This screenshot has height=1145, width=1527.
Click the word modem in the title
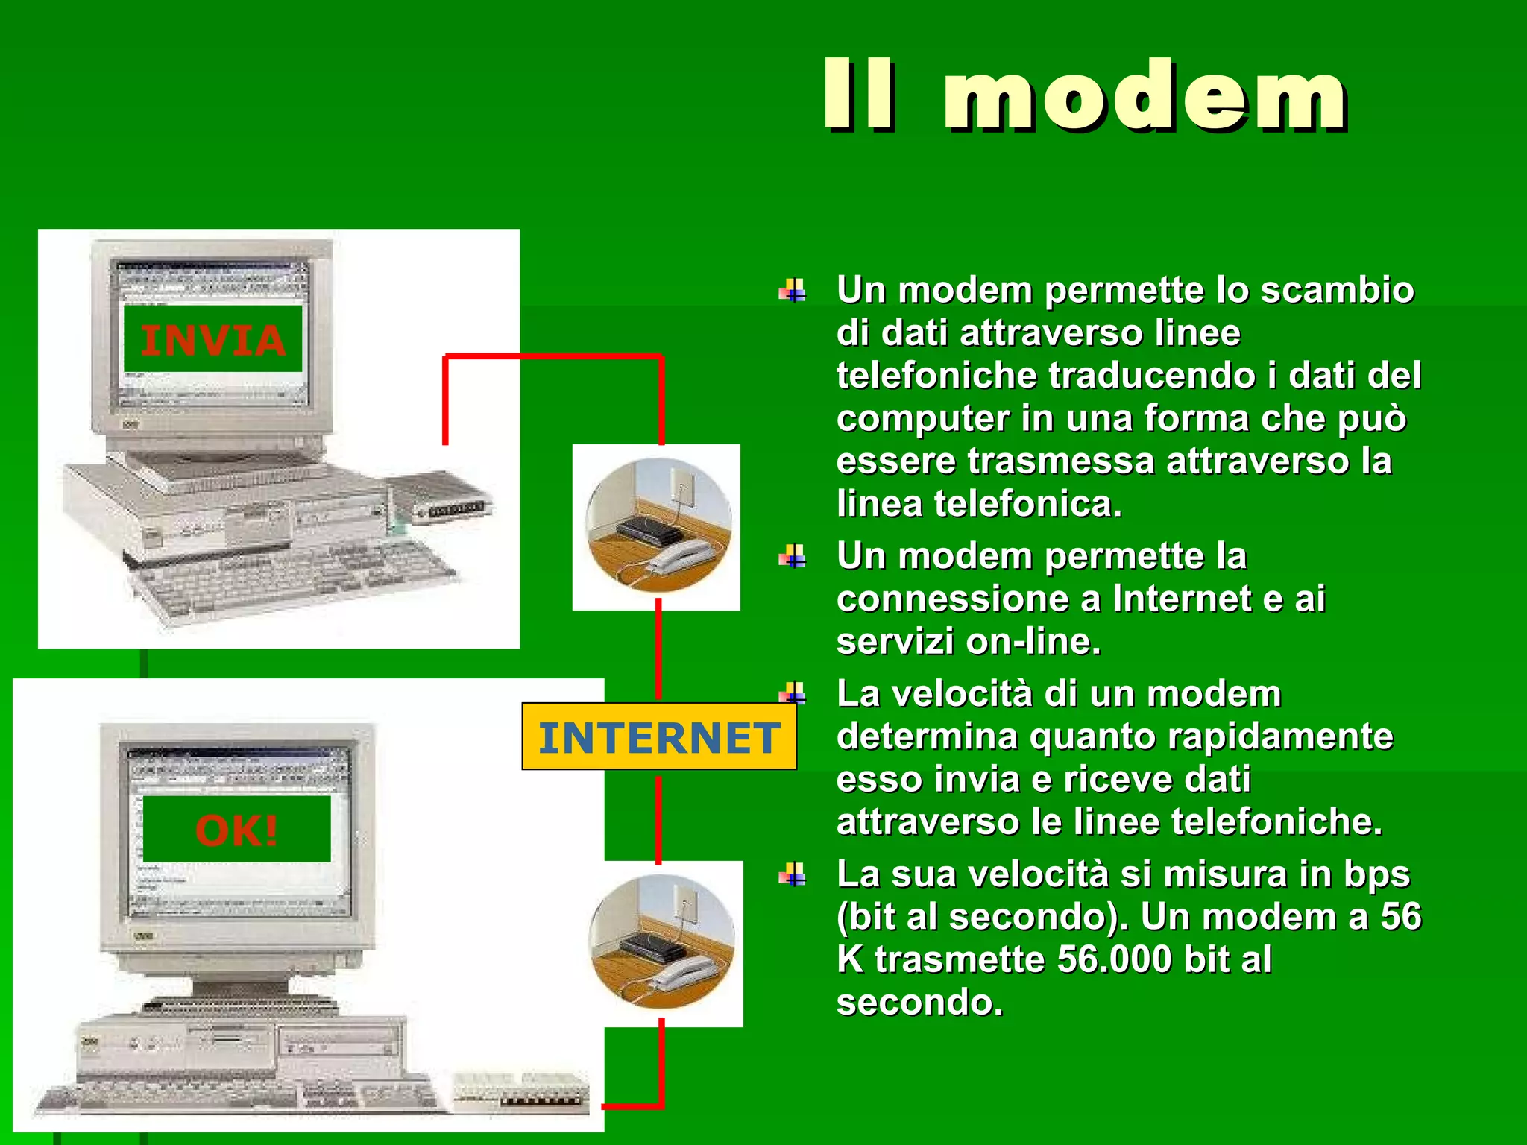tap(1145, 97)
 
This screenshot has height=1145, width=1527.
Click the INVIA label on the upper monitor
tap(212, 340)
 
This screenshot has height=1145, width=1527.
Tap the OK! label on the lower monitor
tap(236, 830)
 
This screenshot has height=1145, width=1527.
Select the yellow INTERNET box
tap(659, 736)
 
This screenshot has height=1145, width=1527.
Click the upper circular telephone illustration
tap(657, 527)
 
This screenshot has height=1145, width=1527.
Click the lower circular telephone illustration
tap(661, 943)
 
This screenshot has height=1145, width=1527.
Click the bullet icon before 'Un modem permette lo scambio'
tap(793, 291)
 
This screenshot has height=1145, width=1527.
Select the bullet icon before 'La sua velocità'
tap(793, 874)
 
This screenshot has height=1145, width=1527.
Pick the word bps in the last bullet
tap(1376, 874)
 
